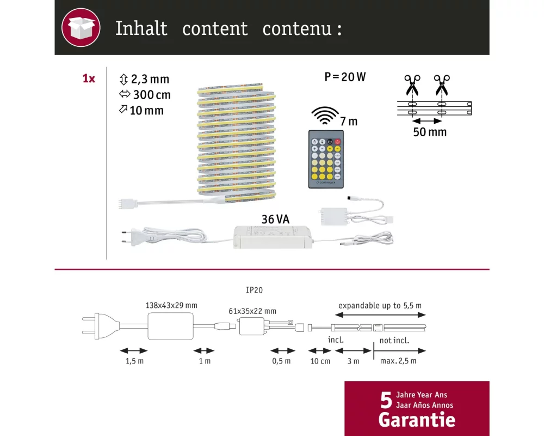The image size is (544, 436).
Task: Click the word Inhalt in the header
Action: [x=141, y=28]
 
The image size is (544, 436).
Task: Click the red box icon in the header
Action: [x=81, y=27]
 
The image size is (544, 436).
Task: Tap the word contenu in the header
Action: [x=297, y=28]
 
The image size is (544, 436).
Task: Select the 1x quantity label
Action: [x=89, y=78]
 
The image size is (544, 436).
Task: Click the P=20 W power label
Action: [x=345, y=77]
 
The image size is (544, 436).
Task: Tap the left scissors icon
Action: [x=412, y=85]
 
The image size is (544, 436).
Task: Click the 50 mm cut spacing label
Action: [x=430, y=132]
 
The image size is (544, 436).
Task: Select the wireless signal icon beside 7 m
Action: [x=325, y=116]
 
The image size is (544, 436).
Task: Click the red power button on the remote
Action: [x=338, y=142]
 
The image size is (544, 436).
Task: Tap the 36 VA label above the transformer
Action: [x=275, y=220]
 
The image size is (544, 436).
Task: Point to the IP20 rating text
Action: [x=254, y=290]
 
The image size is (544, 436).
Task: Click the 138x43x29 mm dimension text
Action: [x=171, y=305]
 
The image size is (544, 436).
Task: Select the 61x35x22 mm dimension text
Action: [x=252, y=311]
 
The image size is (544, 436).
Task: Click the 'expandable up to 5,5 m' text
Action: [x=380, y=306]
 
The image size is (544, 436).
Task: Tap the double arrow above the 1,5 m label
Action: [x=134, y=350]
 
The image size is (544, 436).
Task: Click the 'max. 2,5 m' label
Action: [x=398, y=361]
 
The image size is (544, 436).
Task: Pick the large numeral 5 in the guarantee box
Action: [x=386, y=400]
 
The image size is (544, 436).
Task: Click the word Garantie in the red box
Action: [x=417, y=420]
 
